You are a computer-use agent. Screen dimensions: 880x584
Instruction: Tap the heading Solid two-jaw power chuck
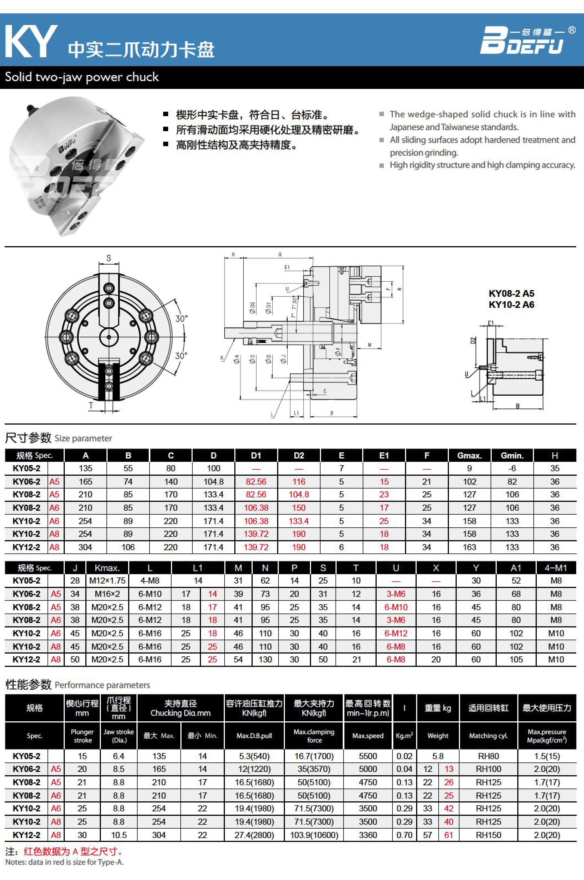point(82,77)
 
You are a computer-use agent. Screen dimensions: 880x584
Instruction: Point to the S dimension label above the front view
point(109,258)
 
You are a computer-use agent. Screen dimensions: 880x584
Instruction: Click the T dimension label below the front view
point(91,406)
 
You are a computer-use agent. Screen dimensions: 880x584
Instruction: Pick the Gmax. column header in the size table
point(469,455)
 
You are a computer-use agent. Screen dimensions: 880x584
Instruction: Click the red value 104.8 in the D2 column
point(299,494)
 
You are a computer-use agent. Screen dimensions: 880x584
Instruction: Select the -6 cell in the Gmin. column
point(512,468)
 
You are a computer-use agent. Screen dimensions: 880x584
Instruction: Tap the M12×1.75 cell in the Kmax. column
point(107,580)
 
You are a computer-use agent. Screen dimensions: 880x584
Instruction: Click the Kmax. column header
point(107,568)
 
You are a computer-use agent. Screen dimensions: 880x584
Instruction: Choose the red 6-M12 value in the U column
point(396,633)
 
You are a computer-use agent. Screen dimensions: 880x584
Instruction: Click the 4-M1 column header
point(555,568)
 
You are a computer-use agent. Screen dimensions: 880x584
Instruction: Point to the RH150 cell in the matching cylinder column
point(488,835)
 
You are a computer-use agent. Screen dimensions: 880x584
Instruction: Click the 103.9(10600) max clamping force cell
point(314,835)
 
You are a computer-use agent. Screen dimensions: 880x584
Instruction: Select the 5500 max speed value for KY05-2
point(368,756)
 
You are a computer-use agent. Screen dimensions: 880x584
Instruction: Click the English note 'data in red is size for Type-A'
point(64,862)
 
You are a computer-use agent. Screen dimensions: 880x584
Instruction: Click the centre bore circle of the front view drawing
point(109,337)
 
